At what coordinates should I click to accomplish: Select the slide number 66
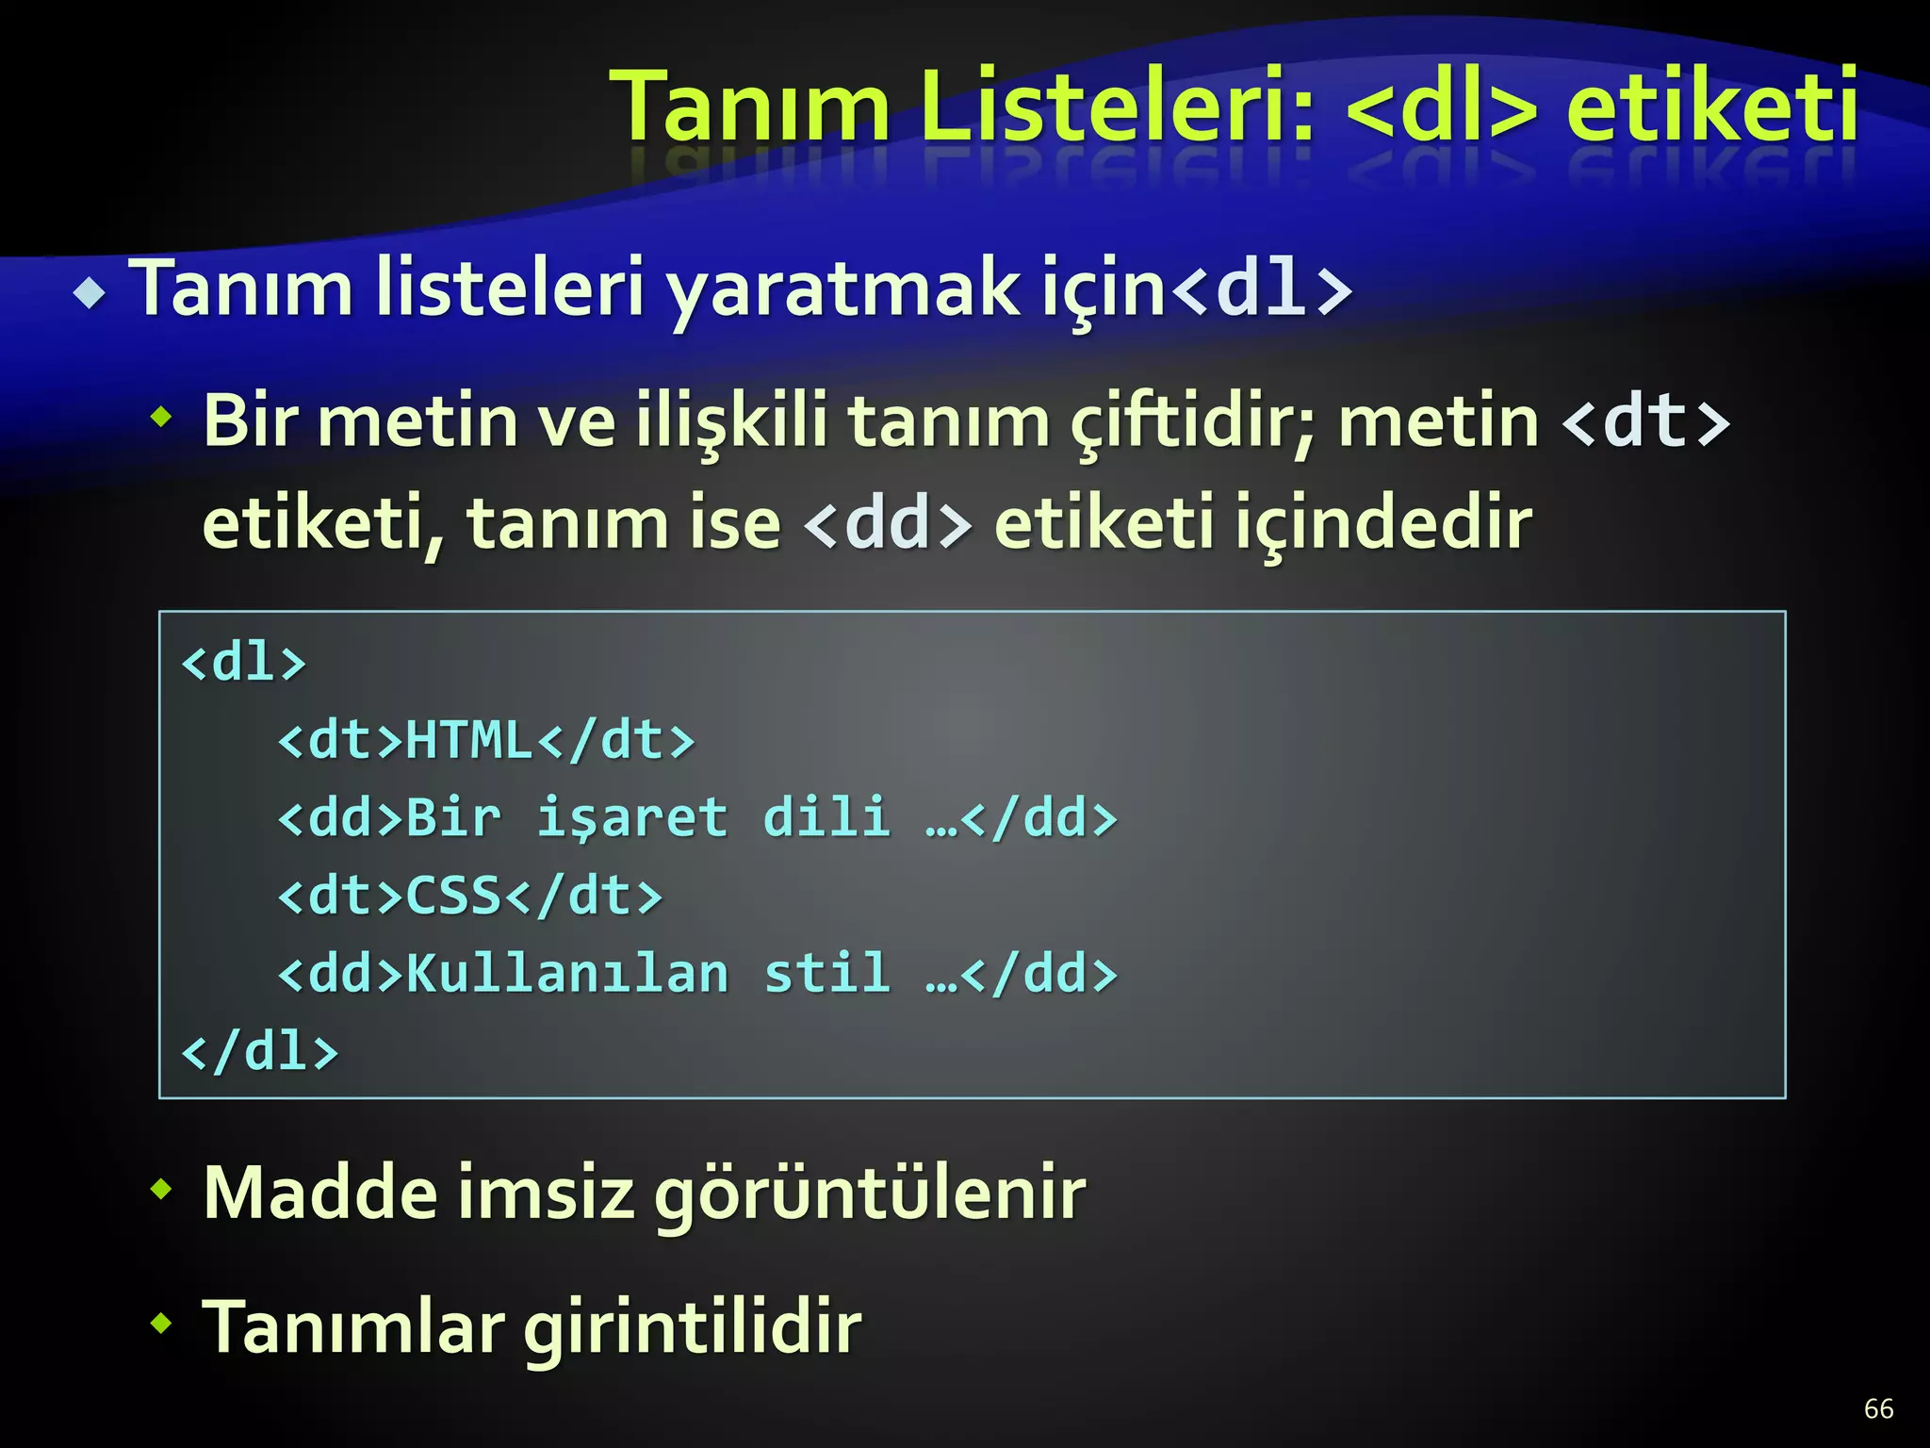[1878, 1408]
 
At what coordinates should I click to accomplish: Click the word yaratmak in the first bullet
[843, 288]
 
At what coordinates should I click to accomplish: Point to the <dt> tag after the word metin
[1645, 421]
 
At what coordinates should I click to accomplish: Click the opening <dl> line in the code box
[244, 662]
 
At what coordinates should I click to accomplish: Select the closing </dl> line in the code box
[260, 1051]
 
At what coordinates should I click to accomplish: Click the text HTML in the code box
[469, 740]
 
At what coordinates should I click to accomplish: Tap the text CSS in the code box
[453, 896]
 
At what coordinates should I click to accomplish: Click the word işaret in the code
[632, 817]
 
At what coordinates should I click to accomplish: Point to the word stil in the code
[826, 973]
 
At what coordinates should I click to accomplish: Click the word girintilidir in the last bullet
[693, 1327]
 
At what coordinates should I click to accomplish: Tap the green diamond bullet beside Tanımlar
[162, 1323]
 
